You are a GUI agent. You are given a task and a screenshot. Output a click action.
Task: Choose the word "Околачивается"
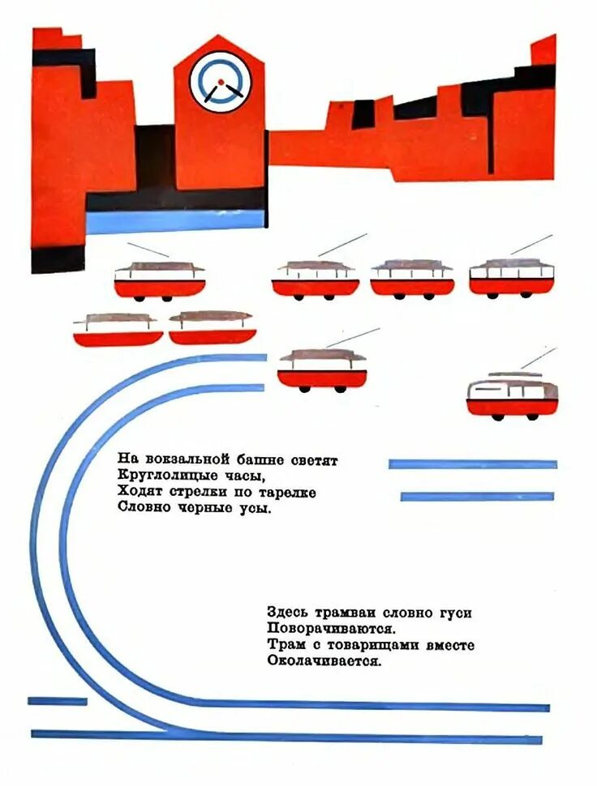(323, 661)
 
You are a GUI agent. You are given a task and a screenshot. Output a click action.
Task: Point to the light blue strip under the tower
(175, 220)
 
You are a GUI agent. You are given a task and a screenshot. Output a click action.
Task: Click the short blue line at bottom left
(57, 701)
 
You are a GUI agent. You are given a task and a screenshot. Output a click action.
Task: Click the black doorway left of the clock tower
(155, 158)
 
